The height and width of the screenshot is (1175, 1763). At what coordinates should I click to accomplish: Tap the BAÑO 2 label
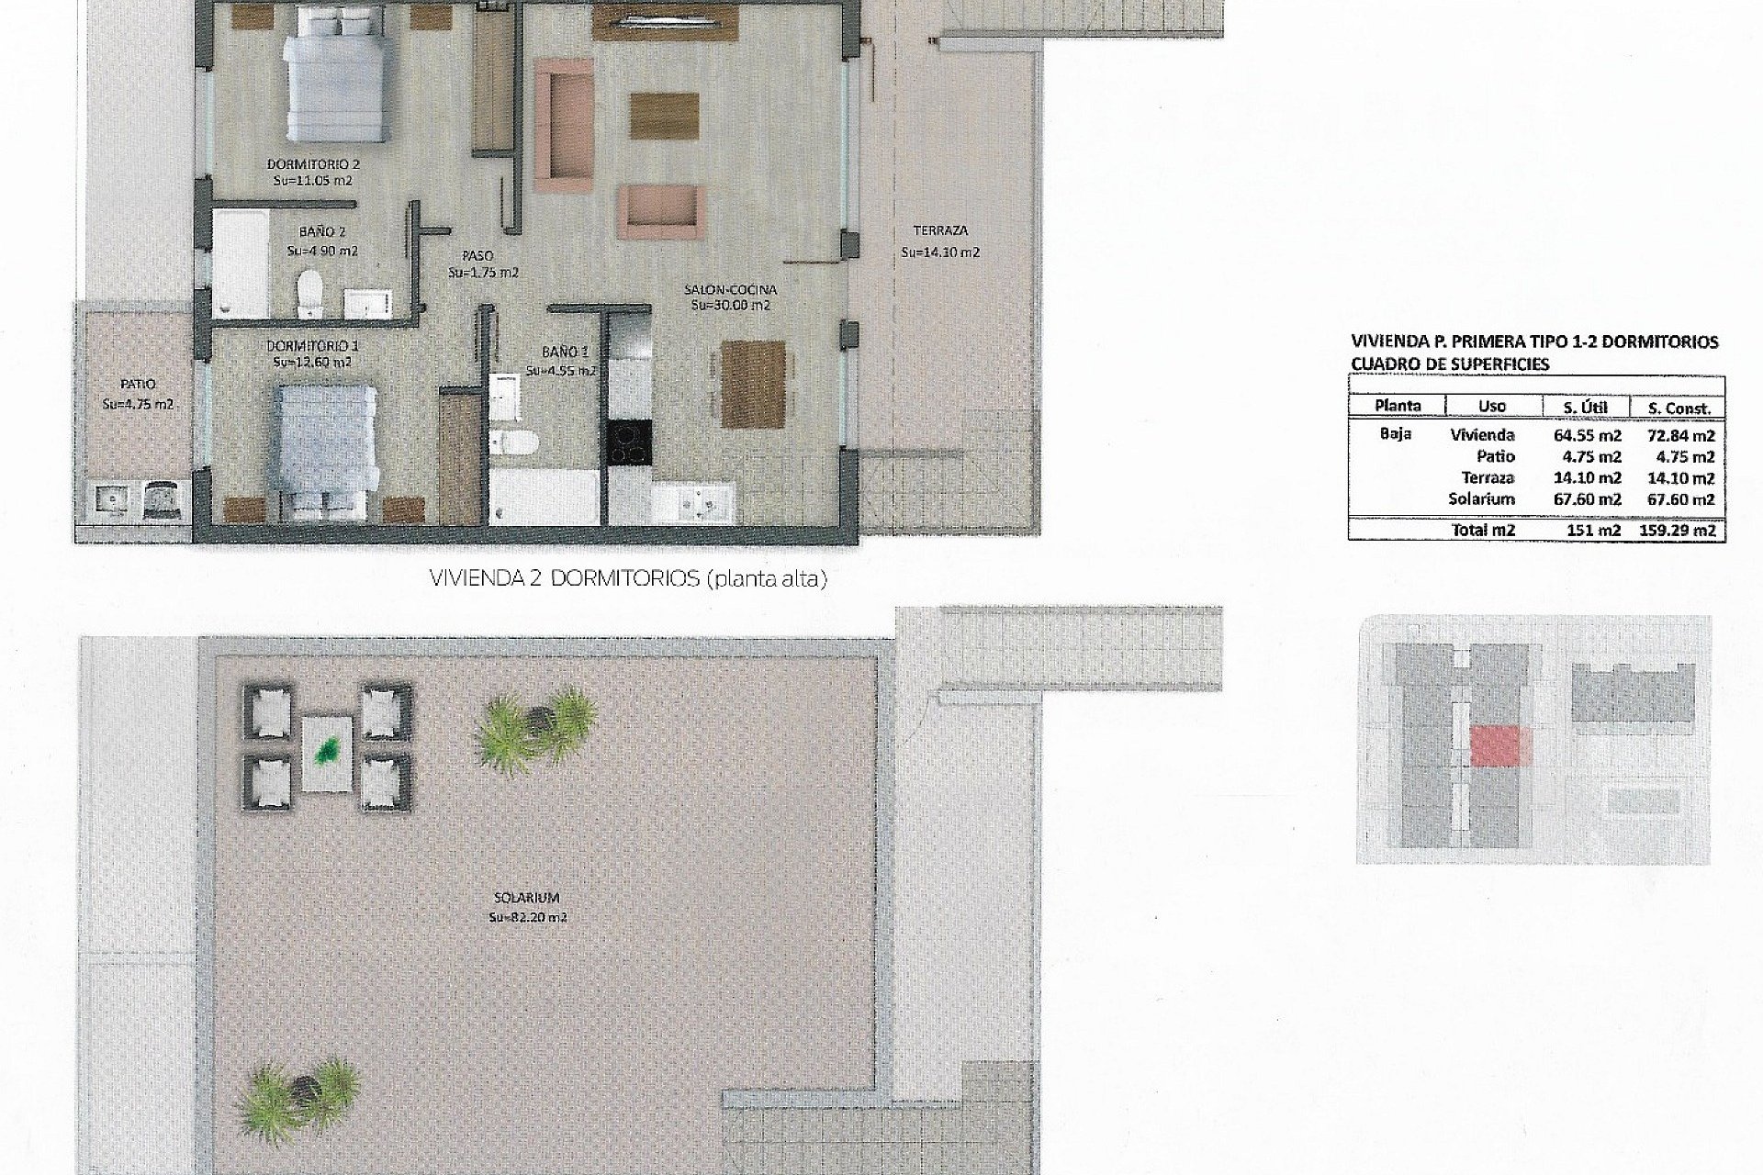pyautogui.click(x=321, y=233)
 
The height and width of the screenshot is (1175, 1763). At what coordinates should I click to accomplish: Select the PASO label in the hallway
pyautogui.click(x=477, y=256)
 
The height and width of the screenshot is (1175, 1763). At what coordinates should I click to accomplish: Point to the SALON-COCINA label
pyautogui.click(x=730, y=290)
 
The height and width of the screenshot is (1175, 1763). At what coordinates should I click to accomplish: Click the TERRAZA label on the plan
pyautogui.click(x=940, y=231)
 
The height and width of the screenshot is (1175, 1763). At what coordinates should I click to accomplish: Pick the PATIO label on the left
pyautogui.click(x=138, y=385)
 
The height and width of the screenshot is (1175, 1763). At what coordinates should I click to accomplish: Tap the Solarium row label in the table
pyautogui.click(x=1481, y=499)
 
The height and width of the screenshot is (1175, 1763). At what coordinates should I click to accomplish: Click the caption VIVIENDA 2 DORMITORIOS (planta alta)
pyautogui.click(x=628, y=580)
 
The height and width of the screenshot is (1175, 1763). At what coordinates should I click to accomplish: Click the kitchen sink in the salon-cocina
pyautogui.click(x=703, y=502)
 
